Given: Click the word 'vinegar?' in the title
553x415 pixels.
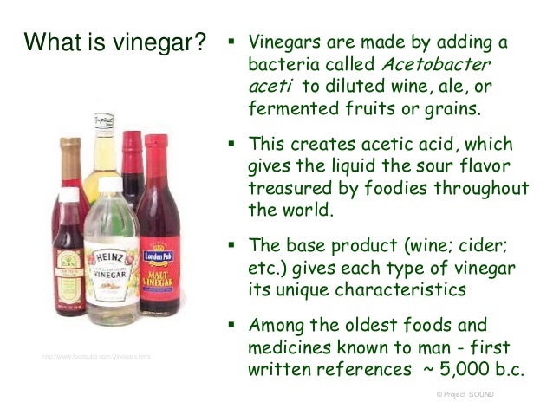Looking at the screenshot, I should click(x=155, y=41).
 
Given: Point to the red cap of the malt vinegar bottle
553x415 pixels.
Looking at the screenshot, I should click(x=155, y=140).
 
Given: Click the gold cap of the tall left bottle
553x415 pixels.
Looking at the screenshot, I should click(x=70, y=142).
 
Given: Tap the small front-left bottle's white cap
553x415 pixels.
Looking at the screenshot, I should click(x=66, y=195).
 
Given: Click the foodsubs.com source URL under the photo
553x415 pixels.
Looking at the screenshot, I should click(x=95, y=356).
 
